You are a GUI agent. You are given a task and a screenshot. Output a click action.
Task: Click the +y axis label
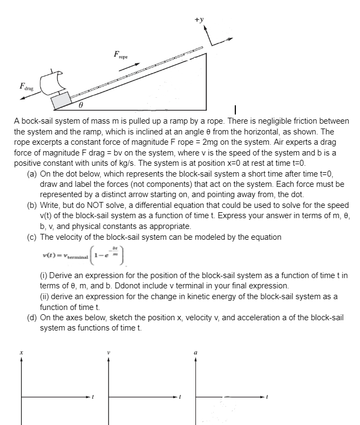point(199,19)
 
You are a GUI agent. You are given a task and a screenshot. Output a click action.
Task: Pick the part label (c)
point(32,237)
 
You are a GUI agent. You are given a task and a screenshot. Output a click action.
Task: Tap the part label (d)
point(32,318)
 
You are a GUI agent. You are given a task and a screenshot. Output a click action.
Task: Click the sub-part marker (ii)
point(45,295)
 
